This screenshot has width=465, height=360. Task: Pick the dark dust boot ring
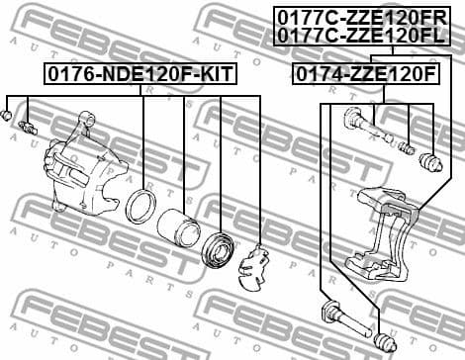point(218,249)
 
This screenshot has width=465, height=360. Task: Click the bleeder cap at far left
point(8,117)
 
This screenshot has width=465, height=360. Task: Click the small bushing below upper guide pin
point(406,148)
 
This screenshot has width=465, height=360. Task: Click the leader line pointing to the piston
point(183,148)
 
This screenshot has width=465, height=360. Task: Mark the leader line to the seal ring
point(143,138)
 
